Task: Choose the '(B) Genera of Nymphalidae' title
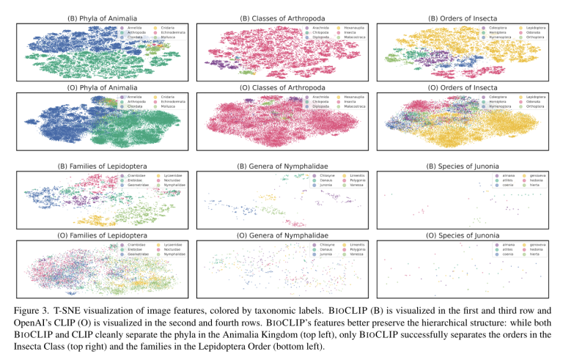[282, 166]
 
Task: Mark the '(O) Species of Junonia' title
[469, 235]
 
